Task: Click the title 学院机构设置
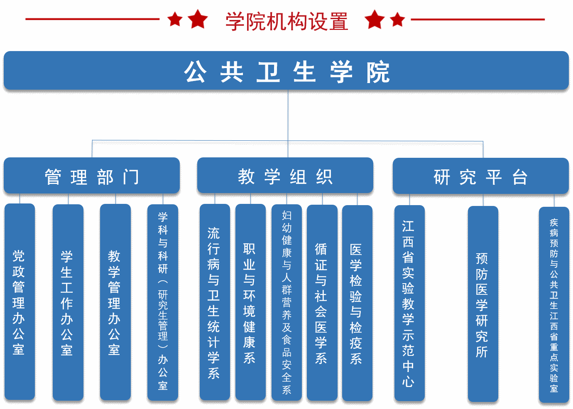(x=286, y=22)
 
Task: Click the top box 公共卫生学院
(x=286, y=71)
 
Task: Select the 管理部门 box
(x=92, y=176)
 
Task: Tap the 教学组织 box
(x=285, y=176)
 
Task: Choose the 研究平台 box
(x=480, y=176)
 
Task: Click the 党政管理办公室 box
(x=20, y=302)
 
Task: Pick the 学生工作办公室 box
(x=68, y=302)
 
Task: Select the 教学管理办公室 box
(x=115, y=302)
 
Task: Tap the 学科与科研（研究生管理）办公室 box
(x=163, y=302)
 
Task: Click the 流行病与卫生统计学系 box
(x=215, y=302)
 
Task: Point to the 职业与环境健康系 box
(x=250, y=302)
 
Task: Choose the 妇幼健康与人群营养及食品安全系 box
(x=286, y=302)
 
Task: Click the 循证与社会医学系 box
(x=322, y=302)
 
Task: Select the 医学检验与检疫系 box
(x=357, y=303)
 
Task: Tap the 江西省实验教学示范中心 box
(x=409, y=303)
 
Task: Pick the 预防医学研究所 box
(x=483, y=304)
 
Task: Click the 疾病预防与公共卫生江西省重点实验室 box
(x=554, y=304)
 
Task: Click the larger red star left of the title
(x=198, y=19)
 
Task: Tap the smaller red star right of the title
(x=397, y=19)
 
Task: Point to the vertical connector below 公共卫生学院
(x=288, y=114)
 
